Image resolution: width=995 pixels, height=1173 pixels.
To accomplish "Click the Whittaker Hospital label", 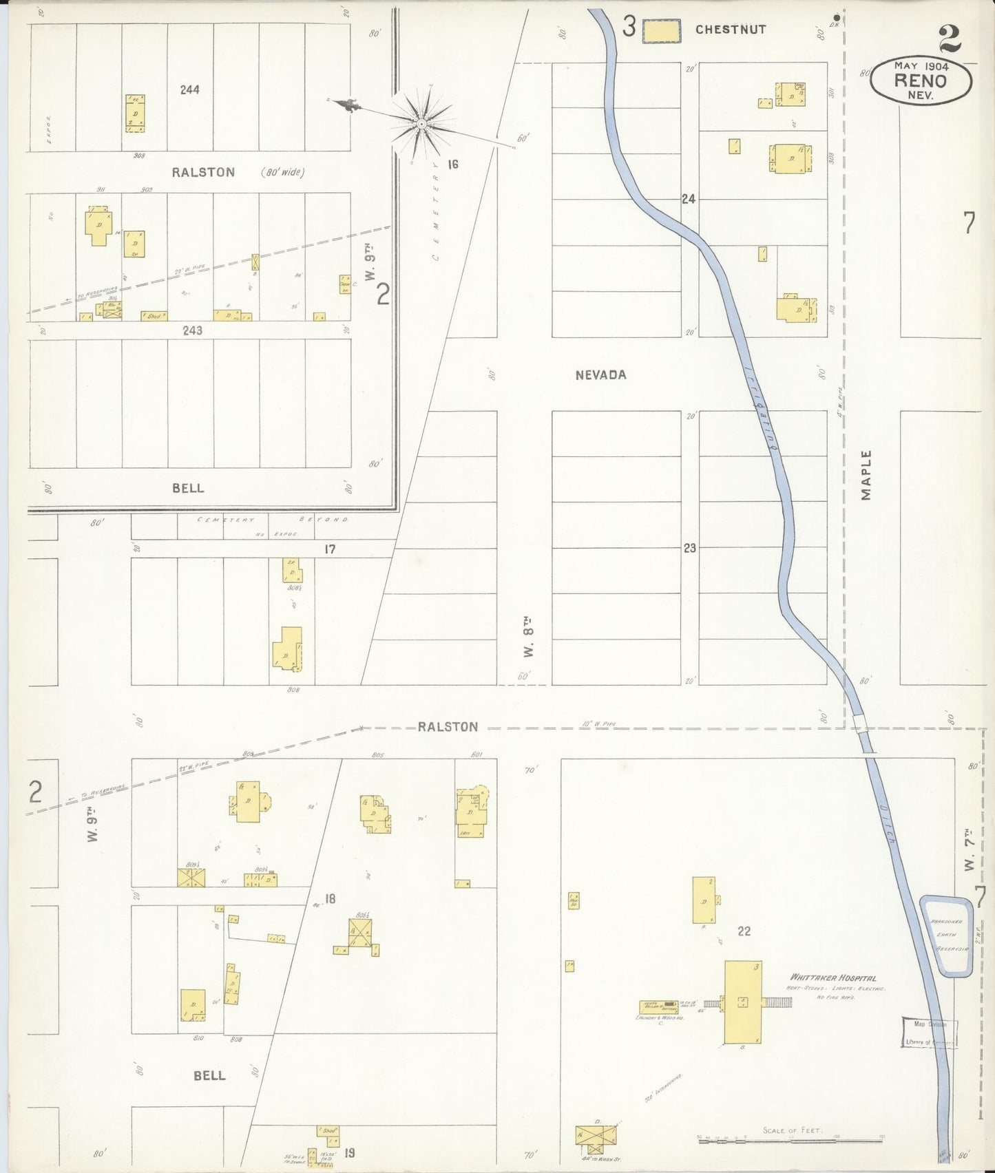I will [x=833, y=977].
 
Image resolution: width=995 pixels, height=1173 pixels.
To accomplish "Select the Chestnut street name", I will [x=730, y=30].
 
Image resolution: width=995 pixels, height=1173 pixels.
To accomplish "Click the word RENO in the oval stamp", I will [x=920, y=80].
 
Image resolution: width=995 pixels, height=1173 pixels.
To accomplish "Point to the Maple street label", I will [x=866, y=475].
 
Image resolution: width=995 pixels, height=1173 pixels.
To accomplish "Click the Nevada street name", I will [x=601, y=374].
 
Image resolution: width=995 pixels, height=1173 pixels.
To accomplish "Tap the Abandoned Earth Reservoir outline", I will [x=947, y=936].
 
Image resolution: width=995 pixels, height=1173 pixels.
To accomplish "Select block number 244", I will [x=189, y=89].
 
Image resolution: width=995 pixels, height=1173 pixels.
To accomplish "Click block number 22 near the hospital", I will [x=744, y=931].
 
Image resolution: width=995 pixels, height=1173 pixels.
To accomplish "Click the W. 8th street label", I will [x=528, y=639].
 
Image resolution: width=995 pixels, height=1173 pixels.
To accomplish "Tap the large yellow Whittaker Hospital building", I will [x=742, y=1002].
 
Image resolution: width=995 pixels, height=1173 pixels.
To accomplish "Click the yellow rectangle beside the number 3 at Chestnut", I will [x=661, y=31].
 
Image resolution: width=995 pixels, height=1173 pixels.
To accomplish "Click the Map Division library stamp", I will [x=930, y=1033].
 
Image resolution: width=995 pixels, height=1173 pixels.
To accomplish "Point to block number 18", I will [x=330, y=898].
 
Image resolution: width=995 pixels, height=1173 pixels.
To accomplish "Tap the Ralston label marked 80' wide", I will [x=203, y=172].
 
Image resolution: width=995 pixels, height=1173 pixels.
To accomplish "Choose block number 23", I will [x=689, y=548].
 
